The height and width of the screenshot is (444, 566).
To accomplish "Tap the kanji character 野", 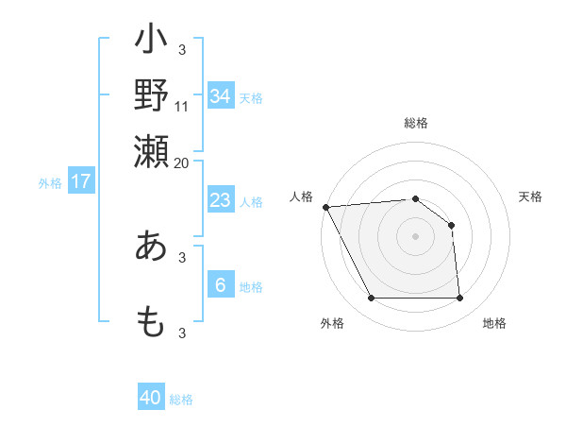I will coord(151,94).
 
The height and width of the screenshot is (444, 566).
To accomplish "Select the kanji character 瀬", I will coord(151,148).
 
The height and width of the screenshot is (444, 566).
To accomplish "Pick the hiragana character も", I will coord(151,321).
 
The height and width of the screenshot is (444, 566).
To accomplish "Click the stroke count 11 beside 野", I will coord(182,107).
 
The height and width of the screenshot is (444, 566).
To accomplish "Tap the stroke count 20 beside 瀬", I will coord(182,162).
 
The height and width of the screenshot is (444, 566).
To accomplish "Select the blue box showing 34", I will coord(220,96).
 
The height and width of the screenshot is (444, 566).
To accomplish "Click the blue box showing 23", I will coord(220,200).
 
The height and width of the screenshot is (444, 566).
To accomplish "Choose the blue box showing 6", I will coord(220,285).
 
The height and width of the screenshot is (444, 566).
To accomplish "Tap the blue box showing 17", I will coord(80,181).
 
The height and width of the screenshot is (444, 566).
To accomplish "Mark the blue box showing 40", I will coord(151,398).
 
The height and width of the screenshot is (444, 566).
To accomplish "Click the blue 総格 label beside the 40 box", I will coord(182,400).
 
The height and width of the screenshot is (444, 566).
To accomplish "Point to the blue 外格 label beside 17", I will coord(49,183).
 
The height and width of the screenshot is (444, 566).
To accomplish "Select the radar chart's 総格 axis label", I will coord(416,123).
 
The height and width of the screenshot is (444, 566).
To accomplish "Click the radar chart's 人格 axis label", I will coord(302,196).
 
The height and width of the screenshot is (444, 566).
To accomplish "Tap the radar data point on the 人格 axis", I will coord(325,207).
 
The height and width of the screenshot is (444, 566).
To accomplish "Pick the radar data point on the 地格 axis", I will coord(460,299).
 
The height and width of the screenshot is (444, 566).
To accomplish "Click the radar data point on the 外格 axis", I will coord(371,299).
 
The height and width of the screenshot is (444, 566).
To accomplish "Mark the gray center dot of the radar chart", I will coord(416,236).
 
